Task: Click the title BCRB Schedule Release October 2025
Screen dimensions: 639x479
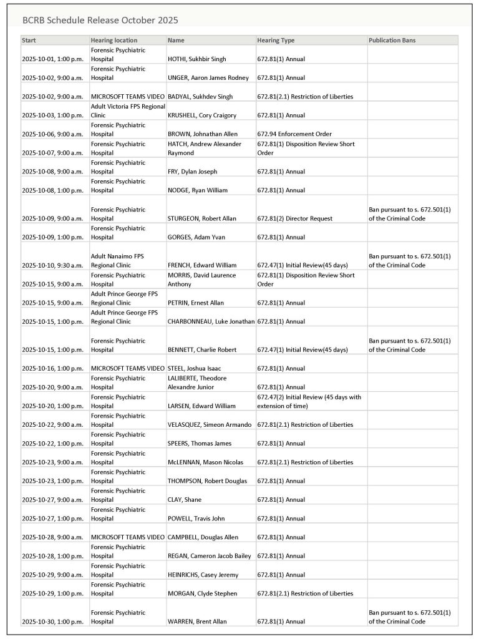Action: [x=100, y=20]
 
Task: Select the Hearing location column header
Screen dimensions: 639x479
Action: [x=114, y=40]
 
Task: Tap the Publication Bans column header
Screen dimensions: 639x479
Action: [x=392, y=40]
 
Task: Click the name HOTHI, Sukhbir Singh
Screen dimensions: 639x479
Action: [x=197, y=59]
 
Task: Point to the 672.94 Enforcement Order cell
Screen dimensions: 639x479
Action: [x=294, y=134]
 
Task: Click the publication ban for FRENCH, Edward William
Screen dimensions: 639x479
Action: [x=410, y=260]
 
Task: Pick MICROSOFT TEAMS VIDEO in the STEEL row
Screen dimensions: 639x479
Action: [x=128, y=368]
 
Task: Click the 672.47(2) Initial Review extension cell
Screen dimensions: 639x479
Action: [x=309, y=401]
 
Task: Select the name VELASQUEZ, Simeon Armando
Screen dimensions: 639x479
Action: [x=210, y=424]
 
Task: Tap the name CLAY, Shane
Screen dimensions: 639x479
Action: [x=185, y=500]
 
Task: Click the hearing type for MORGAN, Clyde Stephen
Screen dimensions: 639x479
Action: [x=305, y=593]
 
